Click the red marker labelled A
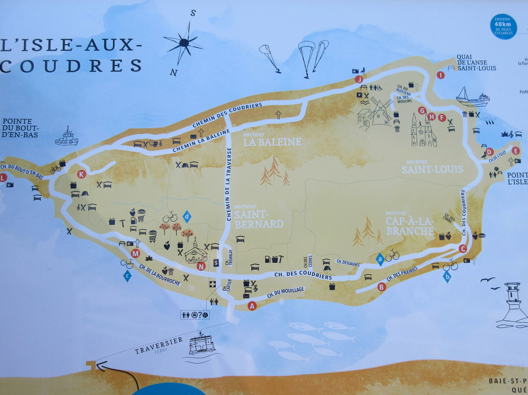pyautogui.click(x=252, y=306)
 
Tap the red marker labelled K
pyautogui.click(x=82, y=174)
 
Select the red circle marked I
pyautogui.click(x=440, y=75)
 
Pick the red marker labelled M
pyautogui.click(x=136, y=253)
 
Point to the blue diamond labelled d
pyautogui.click(x=186, y=215)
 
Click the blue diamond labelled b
pyautogui.click(x=446, y=277)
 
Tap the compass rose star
pyautogui.click(x=184, y=44)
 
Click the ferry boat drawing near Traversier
pyautogui.click(x=201, y=343)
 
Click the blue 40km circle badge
pyautogui.click(x=503, y=26)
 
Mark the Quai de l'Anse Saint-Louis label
pyautogui.click(x=476, y=63)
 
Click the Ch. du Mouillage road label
pyautogui.click(x=286, y=293)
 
